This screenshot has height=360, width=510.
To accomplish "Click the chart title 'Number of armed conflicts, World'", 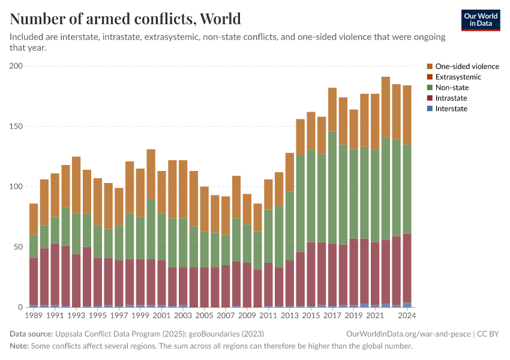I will [125, 19].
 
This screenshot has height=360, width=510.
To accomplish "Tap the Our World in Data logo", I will [480, 20].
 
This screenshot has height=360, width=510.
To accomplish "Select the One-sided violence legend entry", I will [467, 67].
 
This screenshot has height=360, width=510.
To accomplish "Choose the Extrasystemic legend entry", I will [458, 77].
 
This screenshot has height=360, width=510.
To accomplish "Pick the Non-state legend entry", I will [452, 88].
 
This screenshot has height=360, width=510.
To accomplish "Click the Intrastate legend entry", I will [451, 98].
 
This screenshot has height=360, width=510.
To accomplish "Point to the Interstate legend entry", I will [451, 109].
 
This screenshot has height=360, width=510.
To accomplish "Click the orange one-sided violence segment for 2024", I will [407, 115].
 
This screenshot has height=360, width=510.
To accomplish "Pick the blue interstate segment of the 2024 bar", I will [407, 305].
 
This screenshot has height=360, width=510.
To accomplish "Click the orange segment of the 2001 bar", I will [161, 192].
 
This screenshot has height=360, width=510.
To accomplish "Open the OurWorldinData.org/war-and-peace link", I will [409, 334].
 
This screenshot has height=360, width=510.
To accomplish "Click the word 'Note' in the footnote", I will [19, 346].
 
